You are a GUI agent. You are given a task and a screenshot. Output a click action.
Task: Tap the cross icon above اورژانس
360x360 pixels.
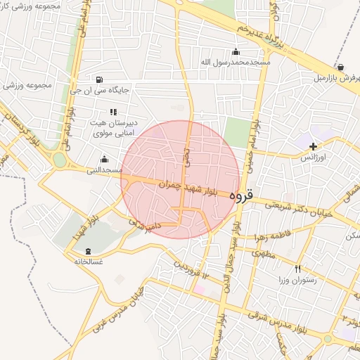[x=314, y=146]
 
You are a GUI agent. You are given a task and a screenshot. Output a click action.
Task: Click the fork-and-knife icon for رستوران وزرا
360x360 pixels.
[x=297, y=269]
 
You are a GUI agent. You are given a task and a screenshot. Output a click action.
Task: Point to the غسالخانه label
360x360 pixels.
[x=89, y=262]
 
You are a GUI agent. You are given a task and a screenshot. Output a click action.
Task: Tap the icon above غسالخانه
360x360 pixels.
[x=88, y=251]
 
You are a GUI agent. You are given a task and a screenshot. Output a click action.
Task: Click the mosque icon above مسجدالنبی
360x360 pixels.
[x=105, y=159]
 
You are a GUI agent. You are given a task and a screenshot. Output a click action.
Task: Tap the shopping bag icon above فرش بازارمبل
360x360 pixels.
[x=340, y=67]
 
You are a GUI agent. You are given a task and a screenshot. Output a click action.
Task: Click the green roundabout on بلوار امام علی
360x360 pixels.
[x=60, y=160]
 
